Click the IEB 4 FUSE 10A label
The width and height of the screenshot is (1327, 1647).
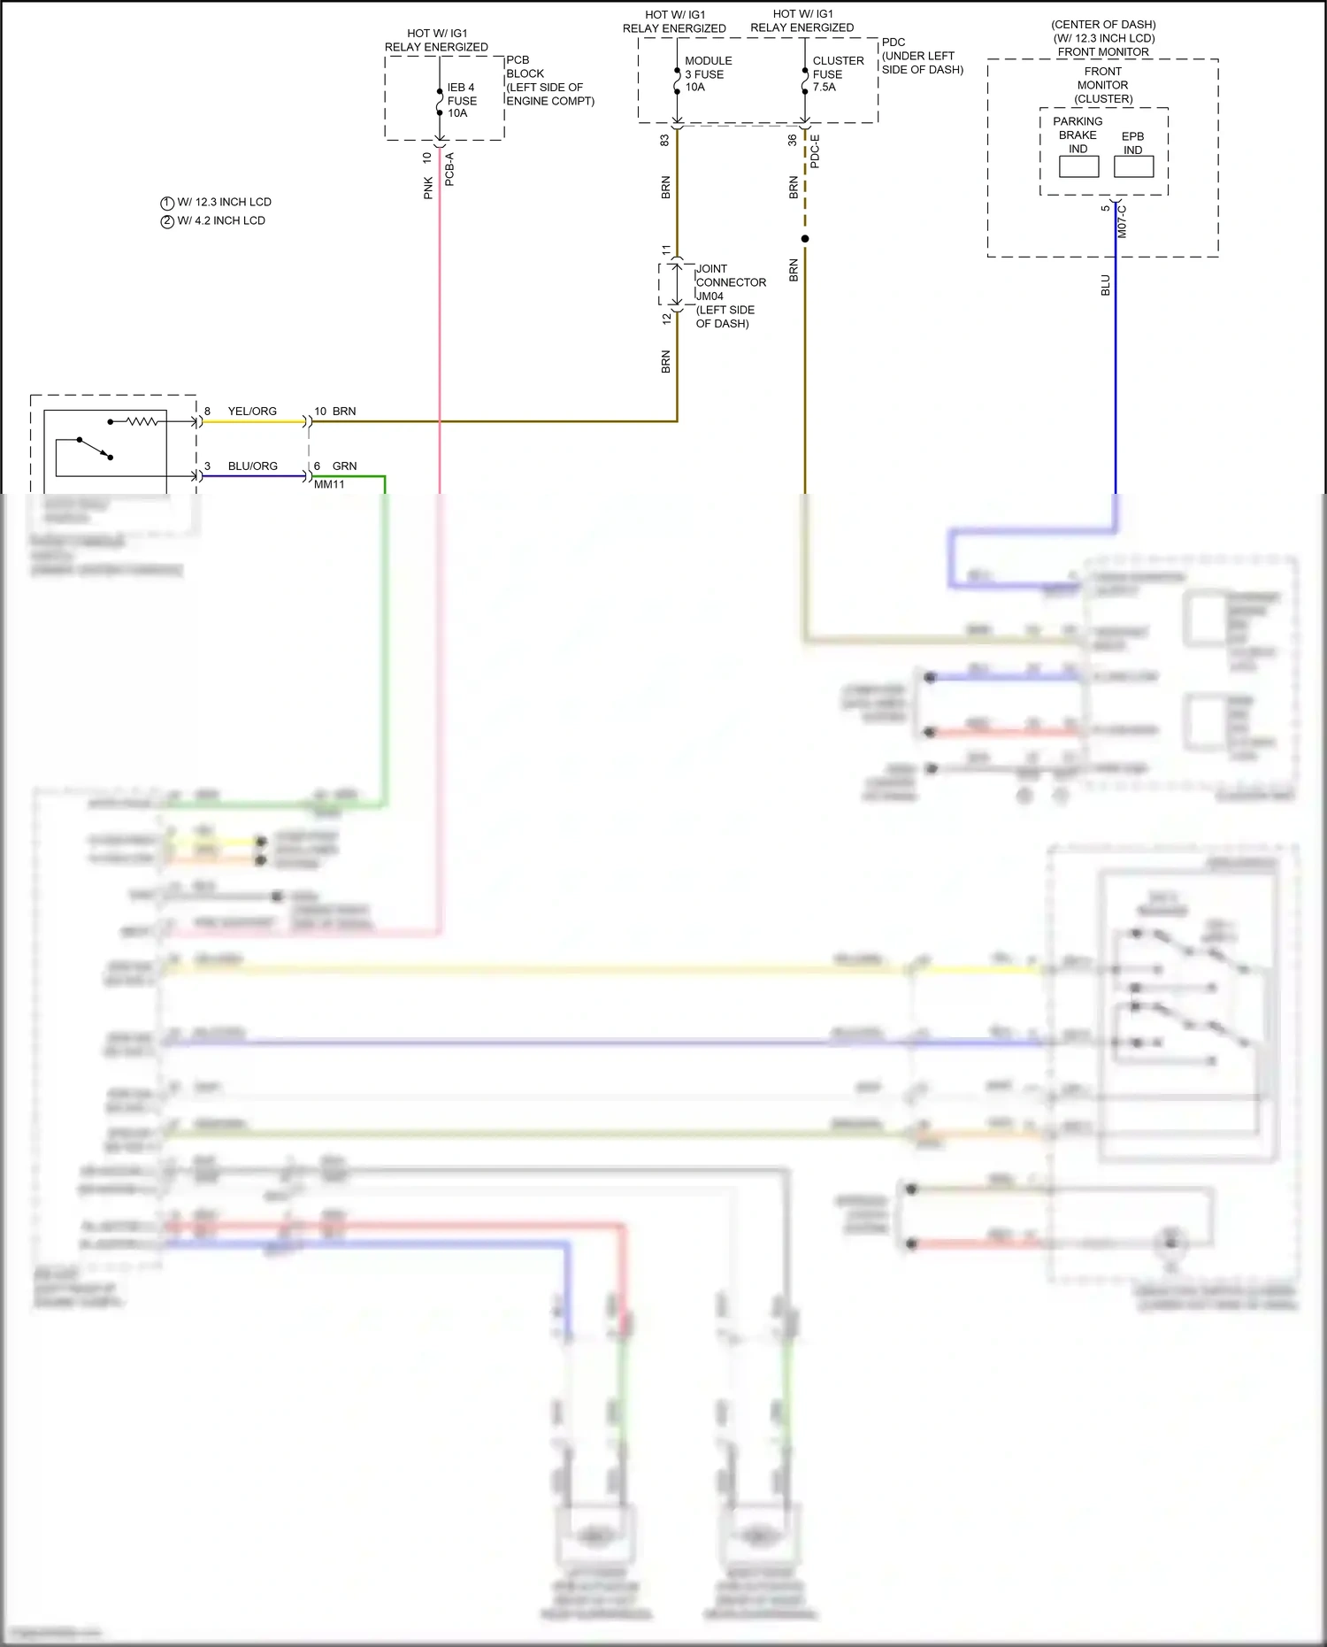(x=461, y=100)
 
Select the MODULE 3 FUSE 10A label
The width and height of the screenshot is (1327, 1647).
(x=708, y=74)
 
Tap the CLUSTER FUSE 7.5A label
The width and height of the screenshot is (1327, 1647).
(x=837, y=74)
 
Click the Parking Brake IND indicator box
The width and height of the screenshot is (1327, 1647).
(x=1078, y=166)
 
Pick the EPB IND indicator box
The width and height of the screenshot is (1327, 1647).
(x=1133, y=166)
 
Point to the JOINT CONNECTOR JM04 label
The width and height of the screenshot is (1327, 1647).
(x=730, y=282)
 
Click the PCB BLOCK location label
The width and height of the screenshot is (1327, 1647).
(x=548, y=81)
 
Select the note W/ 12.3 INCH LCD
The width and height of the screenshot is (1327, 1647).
(x=223, y=202)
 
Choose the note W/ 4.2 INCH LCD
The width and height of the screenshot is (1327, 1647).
(x=220, y=220)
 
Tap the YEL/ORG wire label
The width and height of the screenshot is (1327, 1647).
(x=252, y=412)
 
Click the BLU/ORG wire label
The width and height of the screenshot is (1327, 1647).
(x=252, y=466)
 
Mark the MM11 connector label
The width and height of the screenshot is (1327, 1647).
(x=329, y=484)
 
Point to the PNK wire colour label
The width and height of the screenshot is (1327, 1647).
(x=428, y=188)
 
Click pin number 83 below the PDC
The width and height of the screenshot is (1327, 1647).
(x=664, y=140)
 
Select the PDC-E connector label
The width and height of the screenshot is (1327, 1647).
(x=815, y=151)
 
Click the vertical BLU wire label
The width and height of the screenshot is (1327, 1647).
(x=1105, y=285)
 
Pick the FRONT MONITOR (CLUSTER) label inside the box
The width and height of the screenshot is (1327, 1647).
(x=1102, y=85)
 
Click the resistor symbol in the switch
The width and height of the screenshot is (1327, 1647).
(x=142, y=422)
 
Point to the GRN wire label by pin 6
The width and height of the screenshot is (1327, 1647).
(x=344, y=466)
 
